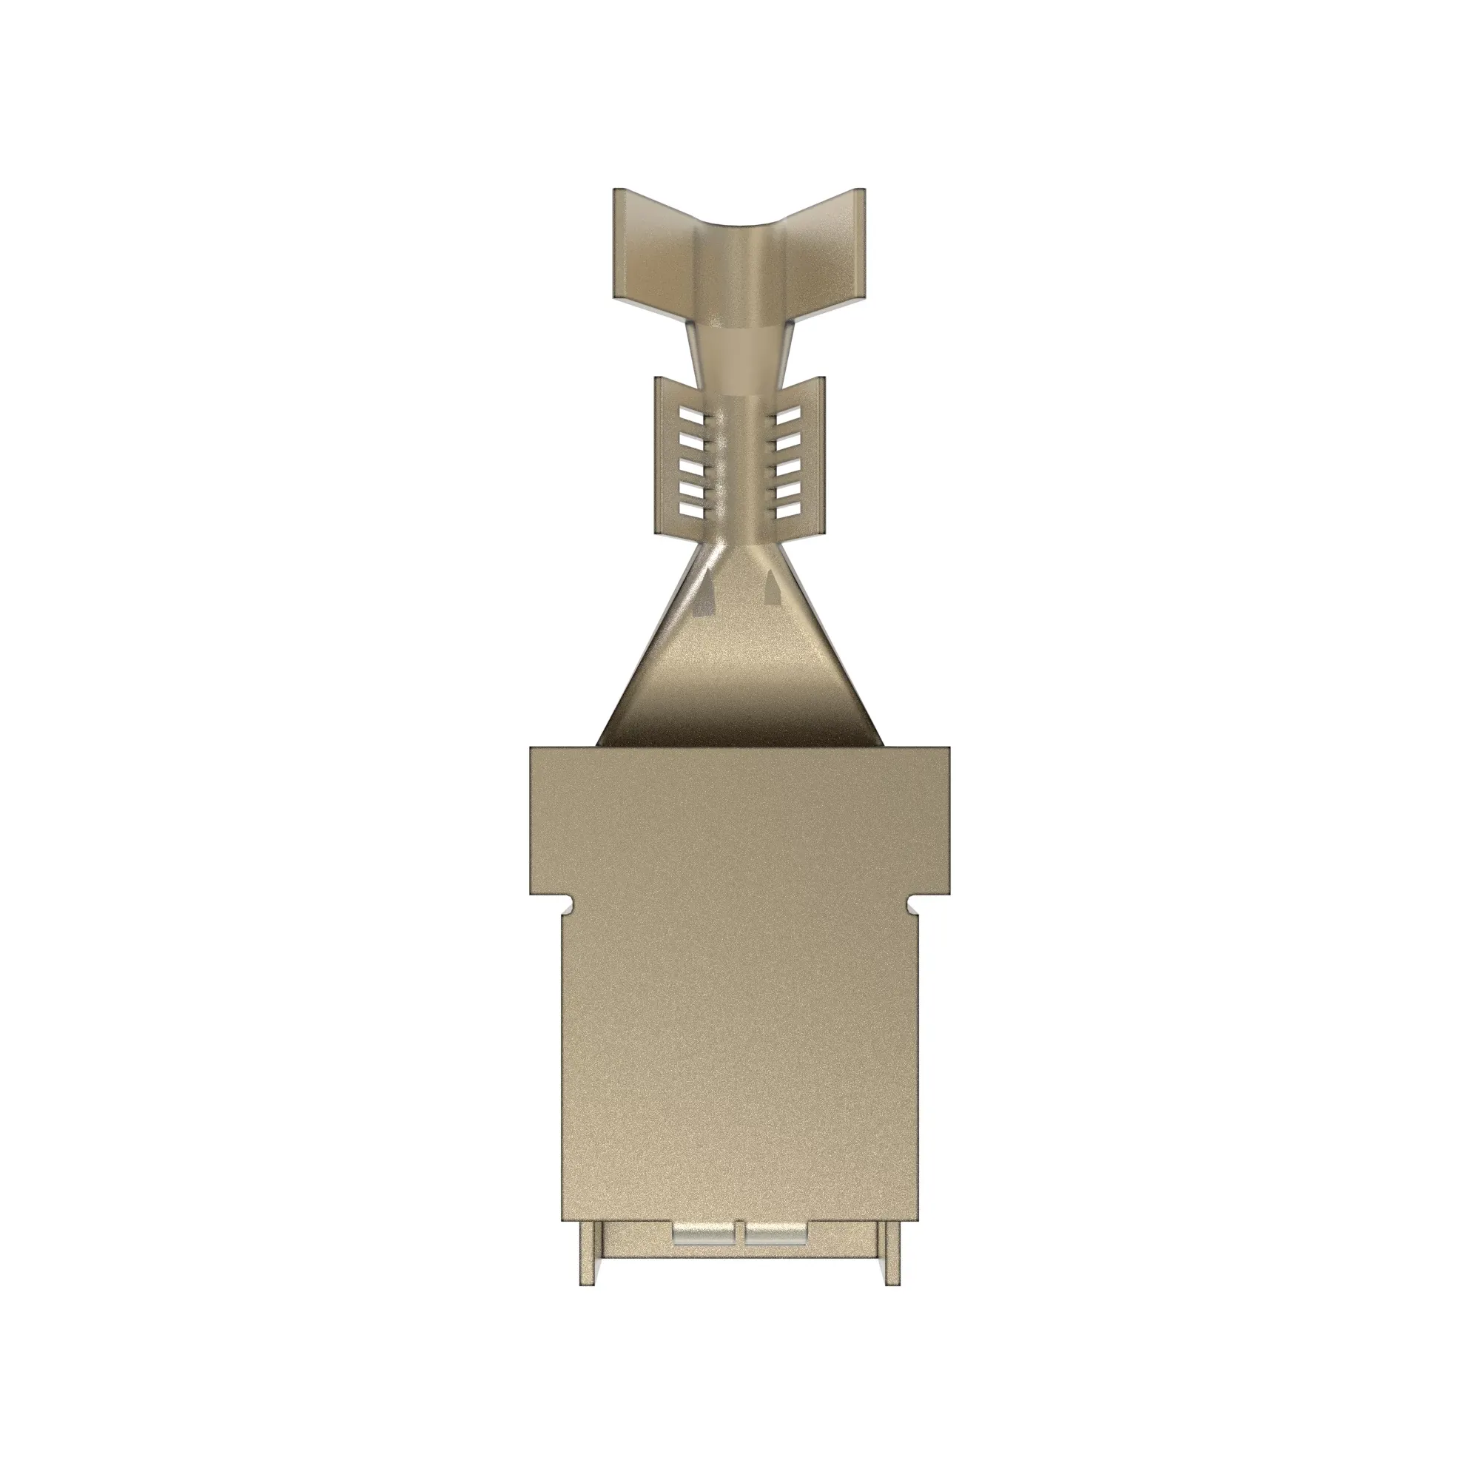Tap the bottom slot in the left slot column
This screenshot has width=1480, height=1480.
pyautogui.click(x=691, y=508)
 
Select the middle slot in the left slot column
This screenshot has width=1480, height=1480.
pyautogui.click(x=691, y=462)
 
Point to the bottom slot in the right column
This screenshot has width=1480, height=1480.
pyautogui.click(x=789, y=508)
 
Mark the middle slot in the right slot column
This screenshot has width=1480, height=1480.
pyautogui.click(x=789, y=462)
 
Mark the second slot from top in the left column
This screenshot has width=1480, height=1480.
pyautogui.click(x=691, y=439)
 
